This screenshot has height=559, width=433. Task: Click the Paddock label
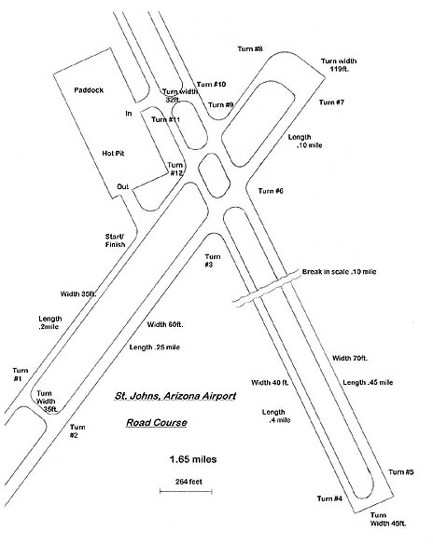coord(89,89)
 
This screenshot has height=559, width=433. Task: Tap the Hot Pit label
coord(113,154)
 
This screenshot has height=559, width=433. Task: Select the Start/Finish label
coord(115,240)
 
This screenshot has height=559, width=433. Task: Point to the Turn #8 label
coord(250,48)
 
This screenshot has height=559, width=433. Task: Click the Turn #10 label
coord(211,85)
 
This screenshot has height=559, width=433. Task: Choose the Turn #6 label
coord(271,191)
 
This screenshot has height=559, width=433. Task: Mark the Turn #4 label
coord(329,498)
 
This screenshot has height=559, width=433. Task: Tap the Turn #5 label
coord(401,472)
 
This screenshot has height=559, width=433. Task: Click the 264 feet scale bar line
coord(186,491)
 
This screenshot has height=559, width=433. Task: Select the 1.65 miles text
coord(193,459)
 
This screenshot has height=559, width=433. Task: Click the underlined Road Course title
coord(157,423)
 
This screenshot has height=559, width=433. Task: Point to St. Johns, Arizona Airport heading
coord(175,396)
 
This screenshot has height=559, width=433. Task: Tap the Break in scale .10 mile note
coord(339,272)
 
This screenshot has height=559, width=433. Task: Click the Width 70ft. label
coord(350,358)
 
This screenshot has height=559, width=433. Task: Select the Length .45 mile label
coord(368,382)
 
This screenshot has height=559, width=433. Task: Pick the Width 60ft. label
coord(165,324)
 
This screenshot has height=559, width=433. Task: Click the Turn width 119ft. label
coord(339,65)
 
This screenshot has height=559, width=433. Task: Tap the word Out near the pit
coord(123,187)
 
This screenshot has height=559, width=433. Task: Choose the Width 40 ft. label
coord(270,383)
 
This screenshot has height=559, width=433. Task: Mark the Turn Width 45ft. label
coord(388,520)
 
